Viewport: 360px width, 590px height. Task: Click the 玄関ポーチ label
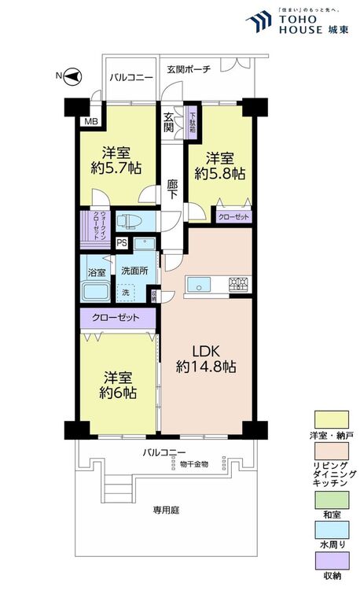pyautogui.click(x=189, y=68)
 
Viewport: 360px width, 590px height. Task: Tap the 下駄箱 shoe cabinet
pyautogui.click(x=192, y=123)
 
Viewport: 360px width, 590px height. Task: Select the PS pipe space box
pyautogui.click(x=122, y=243)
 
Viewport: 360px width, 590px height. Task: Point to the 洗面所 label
pyautogui.click(x=134, y=270)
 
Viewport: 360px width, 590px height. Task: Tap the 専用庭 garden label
pyautogui.click(x=166, y=511)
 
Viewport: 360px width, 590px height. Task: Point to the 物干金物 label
pyautogui.click(x=193, y=464)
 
